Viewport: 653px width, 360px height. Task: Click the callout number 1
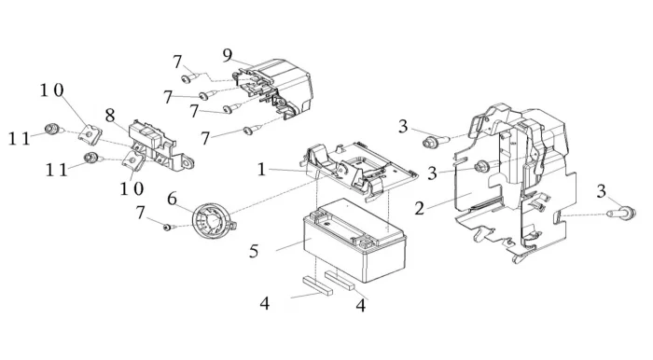pos(261,170)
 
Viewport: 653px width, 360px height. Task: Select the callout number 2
pos(420,208)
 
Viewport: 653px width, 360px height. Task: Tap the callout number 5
pos(254,251)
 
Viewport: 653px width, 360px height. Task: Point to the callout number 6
pos(172,199)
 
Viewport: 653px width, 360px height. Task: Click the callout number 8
pos(110,116)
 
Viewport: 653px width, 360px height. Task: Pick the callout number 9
pos(228,54)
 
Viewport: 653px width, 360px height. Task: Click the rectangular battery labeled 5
pos(354,240)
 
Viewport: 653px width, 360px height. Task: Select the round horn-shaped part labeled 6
pos(213,222)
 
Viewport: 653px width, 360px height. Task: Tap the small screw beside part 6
pos(167,228)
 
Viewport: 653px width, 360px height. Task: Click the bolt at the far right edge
pos(622,213)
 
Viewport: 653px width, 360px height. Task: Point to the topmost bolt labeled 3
pos(436,141)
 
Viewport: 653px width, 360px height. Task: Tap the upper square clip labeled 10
pos(90,134)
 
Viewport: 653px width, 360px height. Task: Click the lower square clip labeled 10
pos(133,160)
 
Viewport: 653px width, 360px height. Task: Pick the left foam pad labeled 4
pos(318,285)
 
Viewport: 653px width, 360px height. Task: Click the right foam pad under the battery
pos(340,280)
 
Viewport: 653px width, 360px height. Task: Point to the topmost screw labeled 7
pos(188,77)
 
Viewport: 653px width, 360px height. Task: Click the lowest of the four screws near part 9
pos(253,129)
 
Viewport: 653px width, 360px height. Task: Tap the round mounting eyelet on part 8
pos(188,163)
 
